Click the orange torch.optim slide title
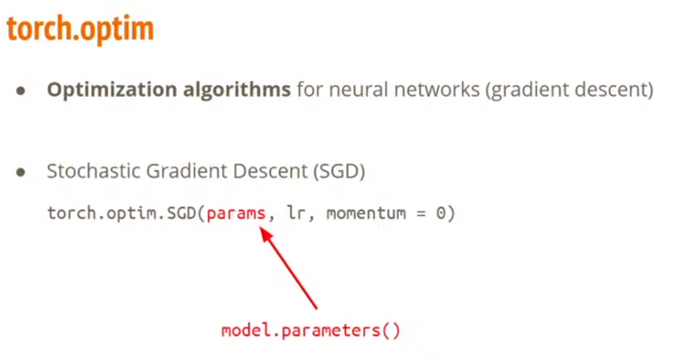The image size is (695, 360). point(80,29)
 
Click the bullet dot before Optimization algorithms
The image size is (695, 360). point(21,91)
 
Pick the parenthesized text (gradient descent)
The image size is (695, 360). point(570,90)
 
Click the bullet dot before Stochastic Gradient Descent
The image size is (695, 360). point(21,172)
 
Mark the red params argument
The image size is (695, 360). point(236,214)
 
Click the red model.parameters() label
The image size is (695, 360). point(311,330)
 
